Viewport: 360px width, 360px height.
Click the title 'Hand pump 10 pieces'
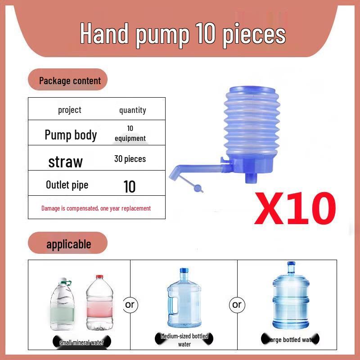(183, 34)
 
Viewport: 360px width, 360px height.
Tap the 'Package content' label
(70, 81)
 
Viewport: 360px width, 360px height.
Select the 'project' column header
(70, 110)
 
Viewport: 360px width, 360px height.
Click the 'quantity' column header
(132, 110)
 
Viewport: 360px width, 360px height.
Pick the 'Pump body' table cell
(71, 135)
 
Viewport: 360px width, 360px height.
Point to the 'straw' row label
(66, 162)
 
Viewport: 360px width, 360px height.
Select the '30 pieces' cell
(130, 159)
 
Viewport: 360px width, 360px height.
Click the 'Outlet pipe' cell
(67, 185)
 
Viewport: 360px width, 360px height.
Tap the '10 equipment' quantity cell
(130, 134)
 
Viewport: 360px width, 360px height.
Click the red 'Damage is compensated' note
(96, 208)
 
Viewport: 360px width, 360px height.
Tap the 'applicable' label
(68, 244)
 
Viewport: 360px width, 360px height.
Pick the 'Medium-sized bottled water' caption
(184, 340)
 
